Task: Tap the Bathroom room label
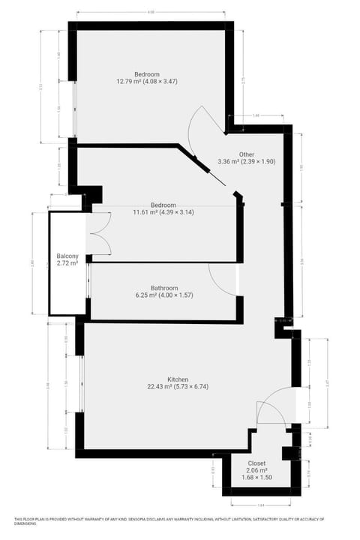(164, 288)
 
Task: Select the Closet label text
(257, 463)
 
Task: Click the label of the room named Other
(247, 154)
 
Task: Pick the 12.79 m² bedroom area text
(146, 81)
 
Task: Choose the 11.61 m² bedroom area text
(163, 212)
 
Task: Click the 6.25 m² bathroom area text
(164, 295)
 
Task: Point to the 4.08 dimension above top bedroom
(151, 13)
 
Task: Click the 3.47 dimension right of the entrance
(327, 383)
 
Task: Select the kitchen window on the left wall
(81, 382)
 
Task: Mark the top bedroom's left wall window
(74, 109)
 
